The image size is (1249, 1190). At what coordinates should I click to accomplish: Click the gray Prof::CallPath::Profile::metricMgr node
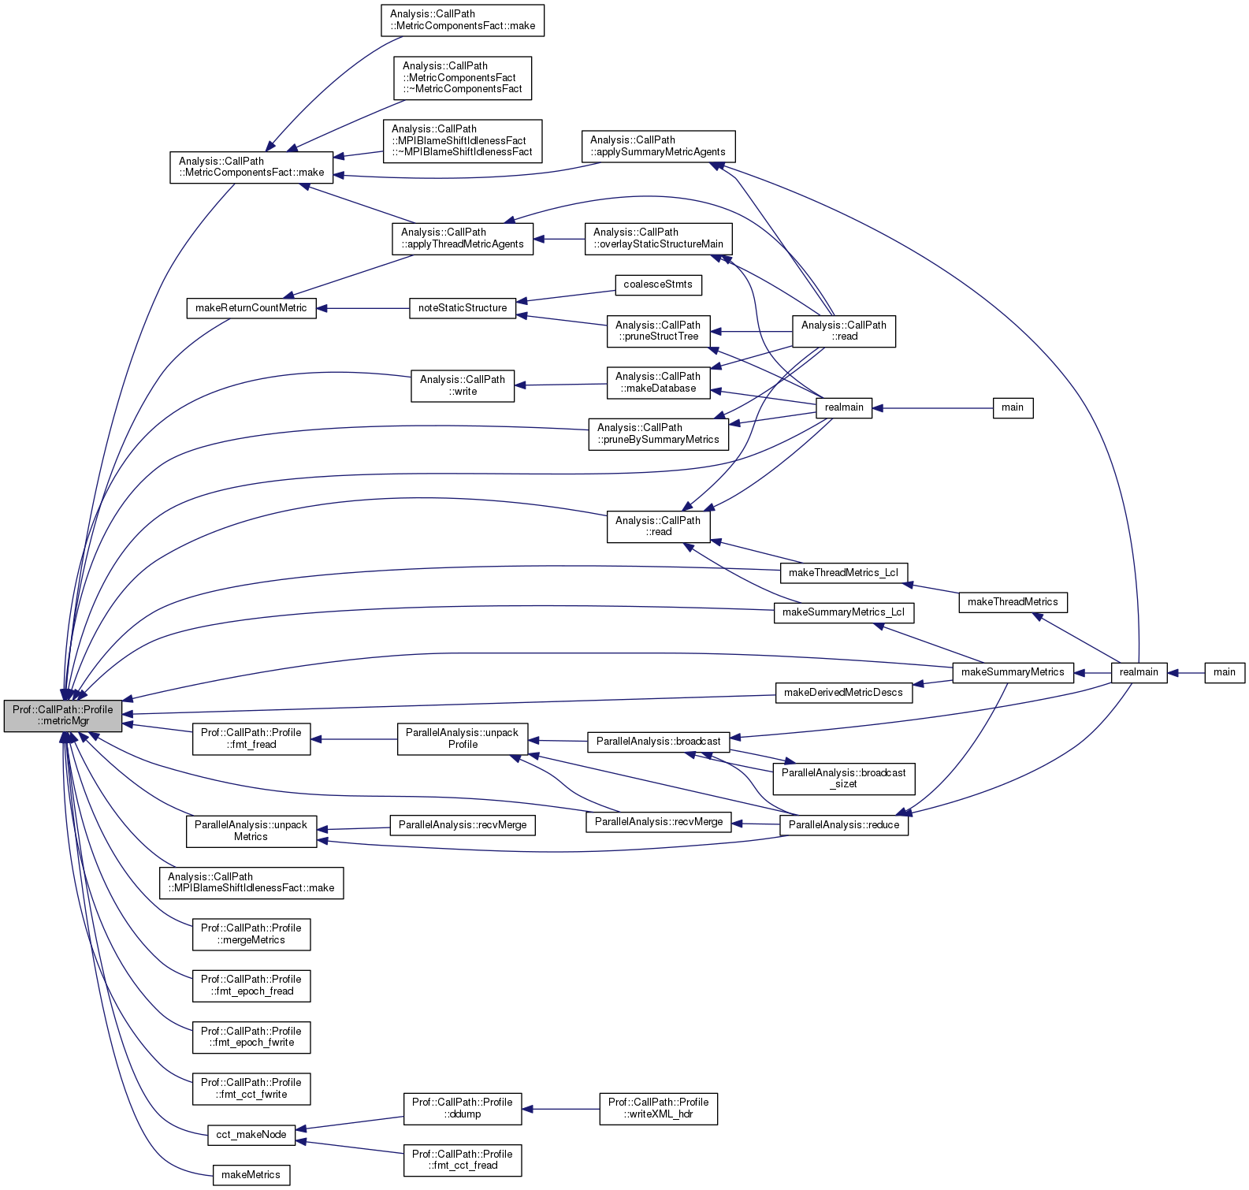tap(63, 716)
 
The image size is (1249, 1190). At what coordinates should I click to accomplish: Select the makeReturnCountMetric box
tap(251, 308)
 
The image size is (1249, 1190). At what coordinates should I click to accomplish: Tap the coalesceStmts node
tap(657, 284)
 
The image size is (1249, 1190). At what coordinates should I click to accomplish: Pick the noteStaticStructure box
tap(463, 308)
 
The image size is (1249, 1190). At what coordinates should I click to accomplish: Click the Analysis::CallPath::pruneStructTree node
tap(658, 331)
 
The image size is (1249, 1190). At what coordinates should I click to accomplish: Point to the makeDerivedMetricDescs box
tap(843, 693)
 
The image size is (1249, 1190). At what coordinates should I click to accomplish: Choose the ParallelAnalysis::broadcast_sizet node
tap(843, 779)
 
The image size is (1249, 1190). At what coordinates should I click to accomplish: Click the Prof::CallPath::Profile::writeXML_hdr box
tap(658, 1108)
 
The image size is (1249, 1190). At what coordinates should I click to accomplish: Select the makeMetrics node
tap(251, 1175)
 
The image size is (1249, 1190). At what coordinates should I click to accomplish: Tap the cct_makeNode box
tap(251, 1135)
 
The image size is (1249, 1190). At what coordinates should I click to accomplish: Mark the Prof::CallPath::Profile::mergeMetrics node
tap(251, 934)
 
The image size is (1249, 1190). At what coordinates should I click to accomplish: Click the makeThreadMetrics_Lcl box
tap(843, 573)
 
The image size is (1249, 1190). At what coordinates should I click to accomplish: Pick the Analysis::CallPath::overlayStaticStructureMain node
tap(658, 239)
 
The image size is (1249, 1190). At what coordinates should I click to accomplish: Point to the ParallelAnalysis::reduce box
tap(843, 825)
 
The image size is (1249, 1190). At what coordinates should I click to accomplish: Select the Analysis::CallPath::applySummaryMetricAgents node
tap(658, 147)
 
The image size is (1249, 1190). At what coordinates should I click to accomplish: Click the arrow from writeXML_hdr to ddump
tap(560, 1109)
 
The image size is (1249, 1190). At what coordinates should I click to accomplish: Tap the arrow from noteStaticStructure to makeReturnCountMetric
tap(362, 308)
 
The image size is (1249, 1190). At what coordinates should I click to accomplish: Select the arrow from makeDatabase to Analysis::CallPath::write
tap(560, 385)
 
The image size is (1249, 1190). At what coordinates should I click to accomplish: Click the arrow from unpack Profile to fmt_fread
tap(354, 739)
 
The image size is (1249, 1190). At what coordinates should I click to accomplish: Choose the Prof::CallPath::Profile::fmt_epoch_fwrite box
tap(251, 1037)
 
